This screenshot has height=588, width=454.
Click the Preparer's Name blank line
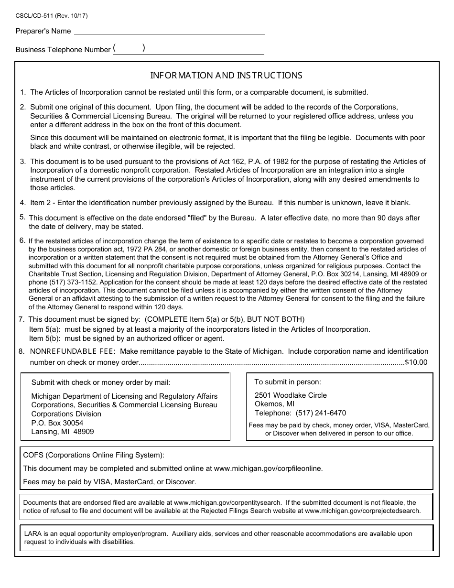pyautogui.click(x=169, y=31)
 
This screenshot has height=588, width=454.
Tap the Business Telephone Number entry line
pyautogui.click(x=188, y=50)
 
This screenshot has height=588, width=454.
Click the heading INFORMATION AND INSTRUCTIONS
pyautogui.click(x=227, y=76)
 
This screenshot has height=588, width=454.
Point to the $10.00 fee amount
pyautogui.click(x=416, y=362)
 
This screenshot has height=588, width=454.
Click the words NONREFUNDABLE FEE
pyautogui.click(x=73, y=351)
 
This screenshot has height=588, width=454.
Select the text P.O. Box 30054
pyautogui.click(x=57, y=423)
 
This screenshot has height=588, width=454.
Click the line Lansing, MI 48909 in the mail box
pyautogui.click(x=63, y=432)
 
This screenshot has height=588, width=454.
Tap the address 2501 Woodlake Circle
pyautogui.click(x=291, y=395)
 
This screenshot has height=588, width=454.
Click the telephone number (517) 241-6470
pyautogui.click(x=321, y=413)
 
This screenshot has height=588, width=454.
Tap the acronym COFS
pyautogui.click(x=33, y=455)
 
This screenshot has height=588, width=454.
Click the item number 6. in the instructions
pyautogui.click(x=22, y=240)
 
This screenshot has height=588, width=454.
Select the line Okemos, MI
pyautogui.click(x=274, y=404)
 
